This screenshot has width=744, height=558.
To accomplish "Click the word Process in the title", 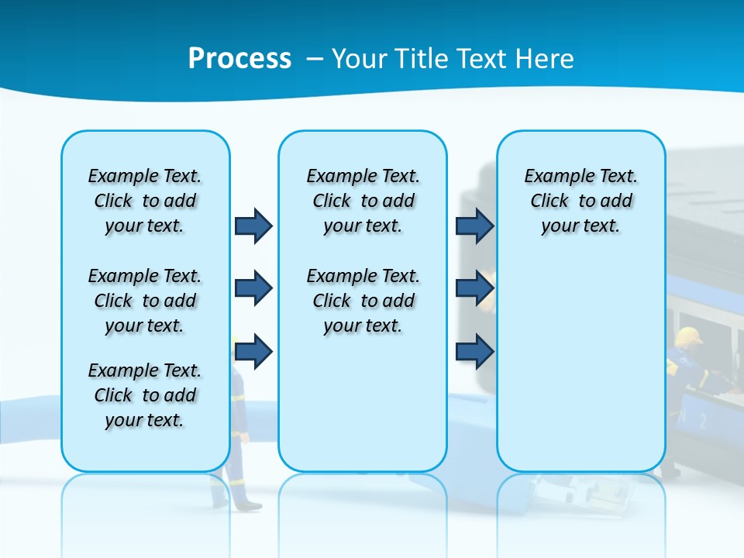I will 239,58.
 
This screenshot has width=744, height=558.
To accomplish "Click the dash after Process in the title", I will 313,59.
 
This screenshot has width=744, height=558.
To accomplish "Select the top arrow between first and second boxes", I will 253,226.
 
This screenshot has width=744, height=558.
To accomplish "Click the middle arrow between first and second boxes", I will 253,288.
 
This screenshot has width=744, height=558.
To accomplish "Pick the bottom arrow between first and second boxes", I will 253,351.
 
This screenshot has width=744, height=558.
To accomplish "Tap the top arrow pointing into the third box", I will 475,226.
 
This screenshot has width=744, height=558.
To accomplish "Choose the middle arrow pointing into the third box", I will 475,288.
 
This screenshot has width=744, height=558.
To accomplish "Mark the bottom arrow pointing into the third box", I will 475,351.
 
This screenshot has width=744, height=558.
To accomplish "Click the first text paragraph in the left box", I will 145,201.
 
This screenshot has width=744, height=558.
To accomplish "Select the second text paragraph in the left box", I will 145,301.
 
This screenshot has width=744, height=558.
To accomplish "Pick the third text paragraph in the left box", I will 145,395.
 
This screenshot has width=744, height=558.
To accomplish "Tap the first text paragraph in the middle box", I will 363,201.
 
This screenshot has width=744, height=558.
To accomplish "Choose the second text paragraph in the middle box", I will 363,301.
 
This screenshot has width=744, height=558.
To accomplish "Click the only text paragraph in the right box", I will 580,201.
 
